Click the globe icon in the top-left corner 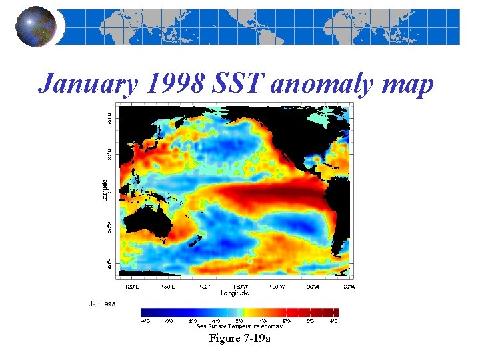[x=35, y=27]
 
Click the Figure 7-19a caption [x=239, y=339]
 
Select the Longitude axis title [x=235, y=293]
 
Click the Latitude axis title [x=105, y=190]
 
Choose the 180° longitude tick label [x=205, y=287]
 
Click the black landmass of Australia [x=146, y=223]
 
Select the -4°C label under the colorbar [x=145, y=321]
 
